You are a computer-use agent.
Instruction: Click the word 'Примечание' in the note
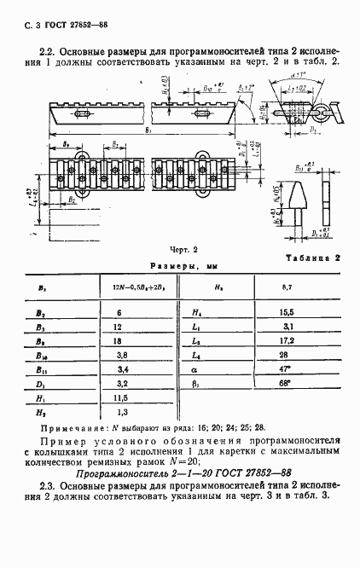click(x=67, y=427)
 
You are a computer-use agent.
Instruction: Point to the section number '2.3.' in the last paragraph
click(x=49, y=487)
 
